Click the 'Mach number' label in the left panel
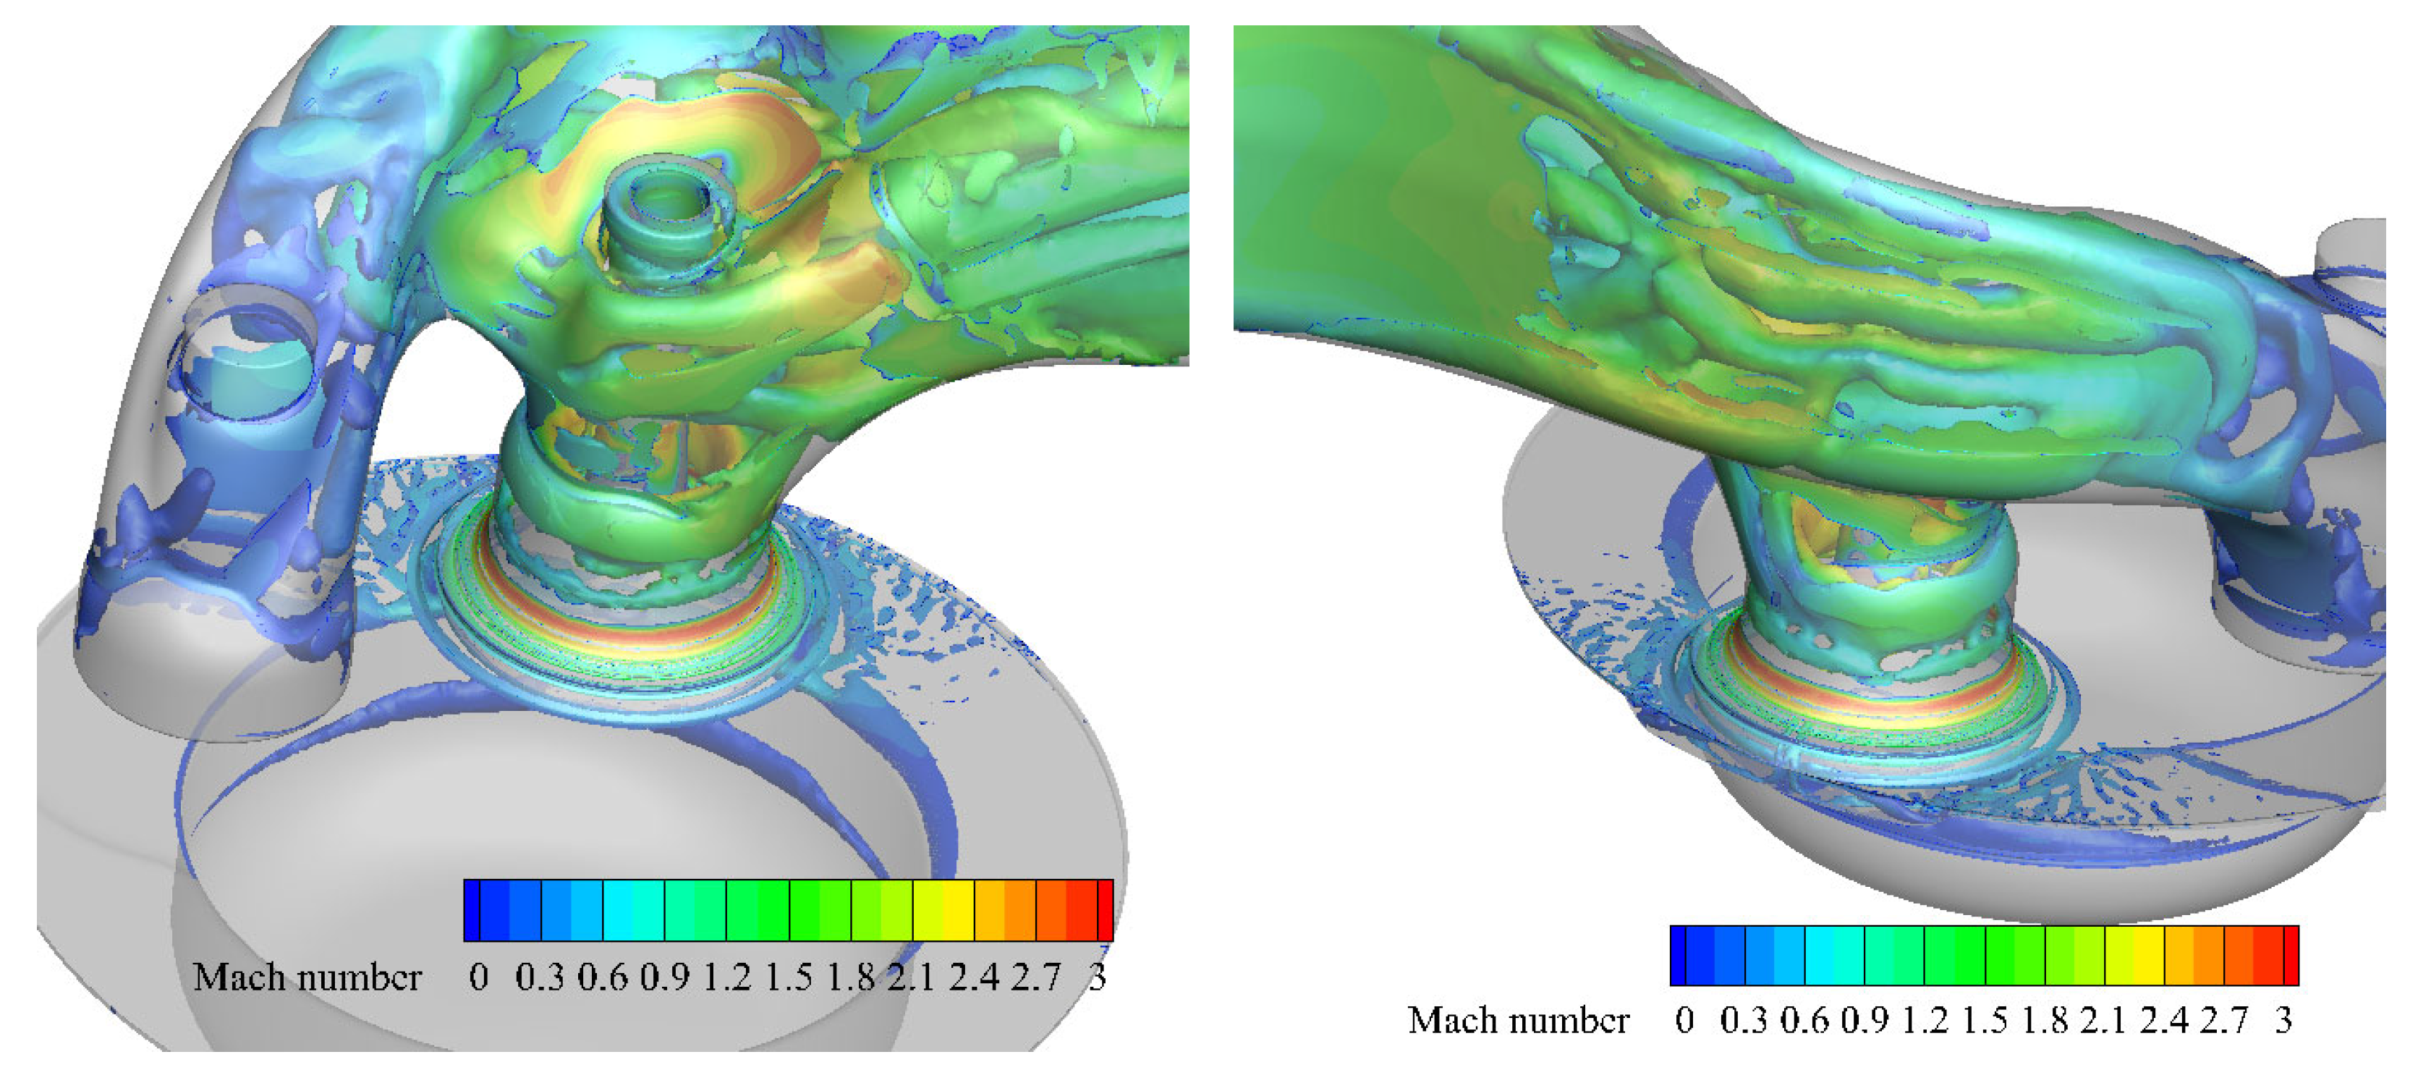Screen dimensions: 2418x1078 [307, 977]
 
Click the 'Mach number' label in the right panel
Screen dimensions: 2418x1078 [1518, 1021]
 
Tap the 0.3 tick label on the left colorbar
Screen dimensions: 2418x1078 [540, 977]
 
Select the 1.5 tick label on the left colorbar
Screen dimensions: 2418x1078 [789, 977]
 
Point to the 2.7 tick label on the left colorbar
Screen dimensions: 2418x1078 [1036, 977]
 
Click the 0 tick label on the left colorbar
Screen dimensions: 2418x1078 [479, 977]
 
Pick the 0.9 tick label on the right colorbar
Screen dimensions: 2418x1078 [1865, 1021]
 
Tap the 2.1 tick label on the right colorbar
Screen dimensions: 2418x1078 [2103, 1021]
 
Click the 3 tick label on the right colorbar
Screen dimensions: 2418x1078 [2283, 1021]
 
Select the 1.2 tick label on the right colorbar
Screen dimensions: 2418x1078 [1925, 1021]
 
